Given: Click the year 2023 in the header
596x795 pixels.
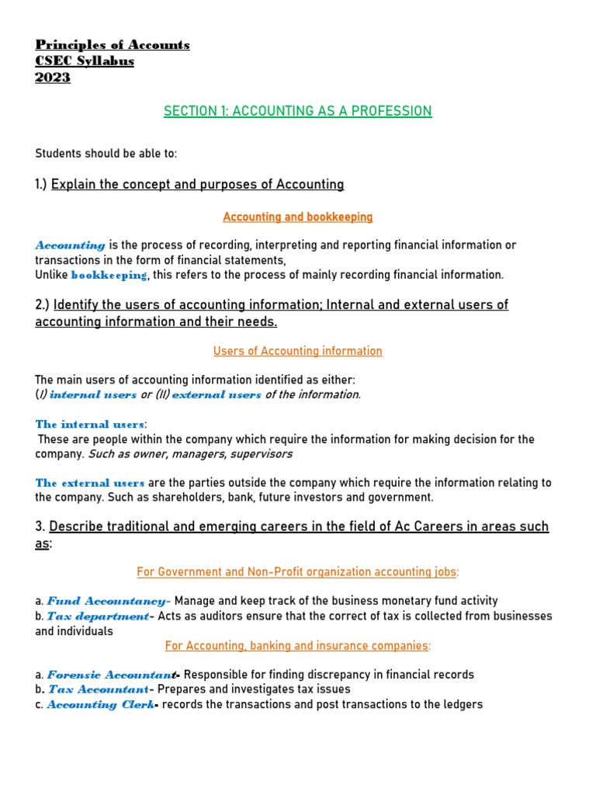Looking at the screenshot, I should pyautogui.click(x=53, y=78).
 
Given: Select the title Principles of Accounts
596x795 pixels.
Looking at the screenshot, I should pyautogui.click(x=113, y=45).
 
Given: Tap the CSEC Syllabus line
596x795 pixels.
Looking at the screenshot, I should pyautogui.click(x=85, y=61).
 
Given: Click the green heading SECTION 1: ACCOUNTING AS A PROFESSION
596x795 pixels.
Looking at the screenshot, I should pyautogui.click(x=298, y=111).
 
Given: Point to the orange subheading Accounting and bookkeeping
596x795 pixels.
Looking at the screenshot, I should pyautogui.click(x=298, y=217).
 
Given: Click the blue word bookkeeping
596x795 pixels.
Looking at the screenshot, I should pyautogui.click(x=109, y=275).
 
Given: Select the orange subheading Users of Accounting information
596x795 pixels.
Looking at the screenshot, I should pyautogui.click(x=298, y=351).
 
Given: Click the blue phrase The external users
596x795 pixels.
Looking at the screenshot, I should pyautogui.click(x=90, y=483).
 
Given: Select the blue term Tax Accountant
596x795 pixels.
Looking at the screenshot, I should pyautogui.click(x=99, y=689).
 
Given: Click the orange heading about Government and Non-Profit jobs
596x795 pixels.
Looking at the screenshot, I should pyautogui.click(x=298, y=572).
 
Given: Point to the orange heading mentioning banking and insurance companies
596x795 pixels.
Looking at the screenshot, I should pyautogui.click(x=298, y=646).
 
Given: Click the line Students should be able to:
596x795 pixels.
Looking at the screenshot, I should pyautogui.click(x=106, y=154).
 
